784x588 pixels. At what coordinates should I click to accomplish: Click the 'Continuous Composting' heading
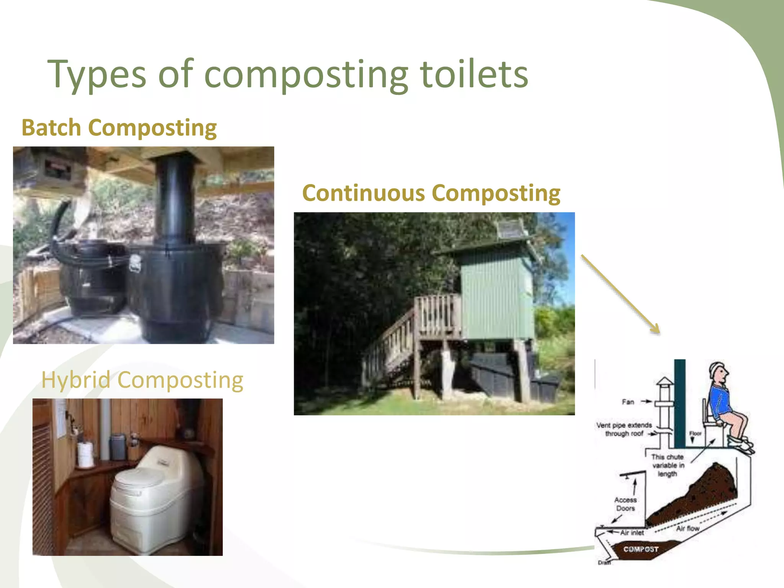pyautogui.click(x=431, y=193)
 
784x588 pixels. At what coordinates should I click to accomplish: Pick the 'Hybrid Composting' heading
pyautogui.click(x=142, y=380)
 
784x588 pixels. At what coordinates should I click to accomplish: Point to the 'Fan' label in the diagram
pyautogui.click(x=628, y=402)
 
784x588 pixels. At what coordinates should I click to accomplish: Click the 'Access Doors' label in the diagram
pyautogui.click(x=625, y=504)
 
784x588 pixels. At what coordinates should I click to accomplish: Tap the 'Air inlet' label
pyautogui.click(x=632, y=532)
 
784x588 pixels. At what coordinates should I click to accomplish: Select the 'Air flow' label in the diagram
pyautogui.click(x=688, y=528)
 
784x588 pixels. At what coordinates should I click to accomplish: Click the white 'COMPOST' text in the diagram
pyautogui.click(x=641, y=549)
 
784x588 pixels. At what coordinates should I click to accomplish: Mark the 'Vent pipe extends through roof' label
pyautogui.click(x=624, y=429)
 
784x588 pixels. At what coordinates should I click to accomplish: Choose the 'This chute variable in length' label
pyautogui.click(x=668, y=465)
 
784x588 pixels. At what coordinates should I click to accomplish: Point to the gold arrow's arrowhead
pyautogui.click(x=655, y=329)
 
